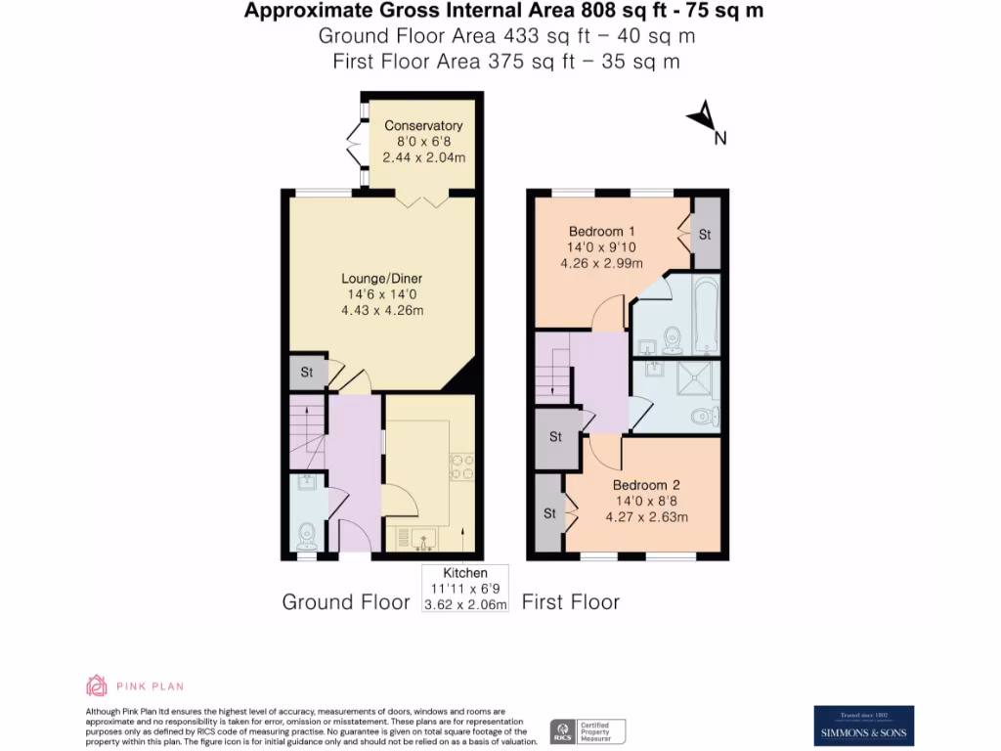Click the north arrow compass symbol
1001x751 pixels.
point(704,119)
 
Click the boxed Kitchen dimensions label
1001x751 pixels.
point(465,589)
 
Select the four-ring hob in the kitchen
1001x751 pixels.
point(460,466)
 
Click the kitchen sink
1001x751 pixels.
point(422,536)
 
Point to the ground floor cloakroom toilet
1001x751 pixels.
point(307,535)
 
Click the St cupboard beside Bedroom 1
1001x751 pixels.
point(706,236)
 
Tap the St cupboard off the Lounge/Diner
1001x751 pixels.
point(307,373)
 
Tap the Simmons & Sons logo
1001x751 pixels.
point(864,726)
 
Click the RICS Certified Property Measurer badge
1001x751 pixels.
point(587,731)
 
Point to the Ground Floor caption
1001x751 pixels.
point(346,602)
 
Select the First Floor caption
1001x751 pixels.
point(571,602)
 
